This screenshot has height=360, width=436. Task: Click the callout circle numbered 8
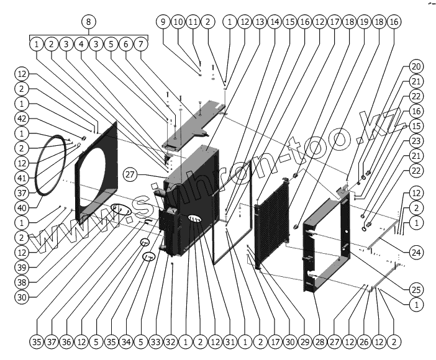89,22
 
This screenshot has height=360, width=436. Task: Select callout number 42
22,118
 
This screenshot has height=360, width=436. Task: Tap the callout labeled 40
22,207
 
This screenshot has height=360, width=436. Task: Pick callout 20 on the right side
416,68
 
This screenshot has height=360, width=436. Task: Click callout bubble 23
416,140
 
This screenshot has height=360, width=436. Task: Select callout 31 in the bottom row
230,341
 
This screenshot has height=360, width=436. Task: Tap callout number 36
66,341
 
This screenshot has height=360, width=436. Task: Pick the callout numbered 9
163,22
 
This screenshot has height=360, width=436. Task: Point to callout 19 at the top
364,22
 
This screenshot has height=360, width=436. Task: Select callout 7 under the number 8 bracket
142,45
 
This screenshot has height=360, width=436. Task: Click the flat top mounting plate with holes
193,124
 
